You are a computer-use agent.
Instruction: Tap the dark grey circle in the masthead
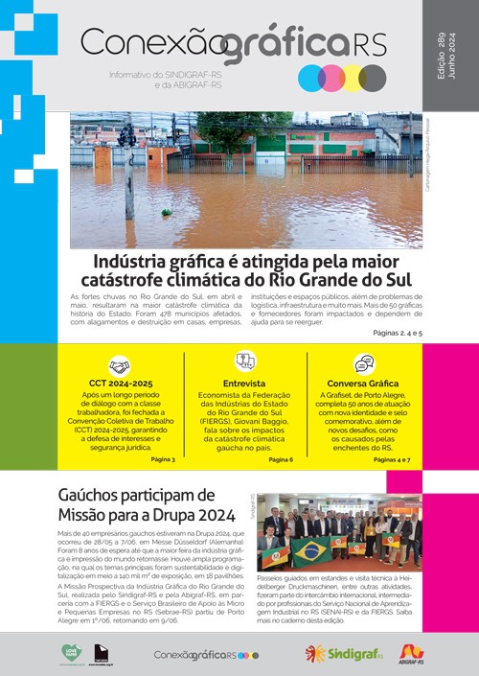pyautogui.click(x=372, y=78)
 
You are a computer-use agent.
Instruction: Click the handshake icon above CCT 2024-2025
pyautogui.click(x=119, y=366)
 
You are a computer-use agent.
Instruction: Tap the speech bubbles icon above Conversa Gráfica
pyautogui.click(x=364, y=364)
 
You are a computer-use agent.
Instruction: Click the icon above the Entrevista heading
pyautogui.click(x=245, y=361)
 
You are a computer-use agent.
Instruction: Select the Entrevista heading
pyautogui.click(x=245, y=383)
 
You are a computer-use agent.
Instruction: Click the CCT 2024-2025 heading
pyautogui.click(x=120, y=384)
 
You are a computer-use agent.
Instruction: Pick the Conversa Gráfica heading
pyautogui.click(x=364, y=383)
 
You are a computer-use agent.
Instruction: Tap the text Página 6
pyautogui.click(x=281, y=459)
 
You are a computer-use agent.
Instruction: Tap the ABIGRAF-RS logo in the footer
pyautogui.click(x=412, y=654)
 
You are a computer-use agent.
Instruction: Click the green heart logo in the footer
pyautogui.click(x=72, y=653)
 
